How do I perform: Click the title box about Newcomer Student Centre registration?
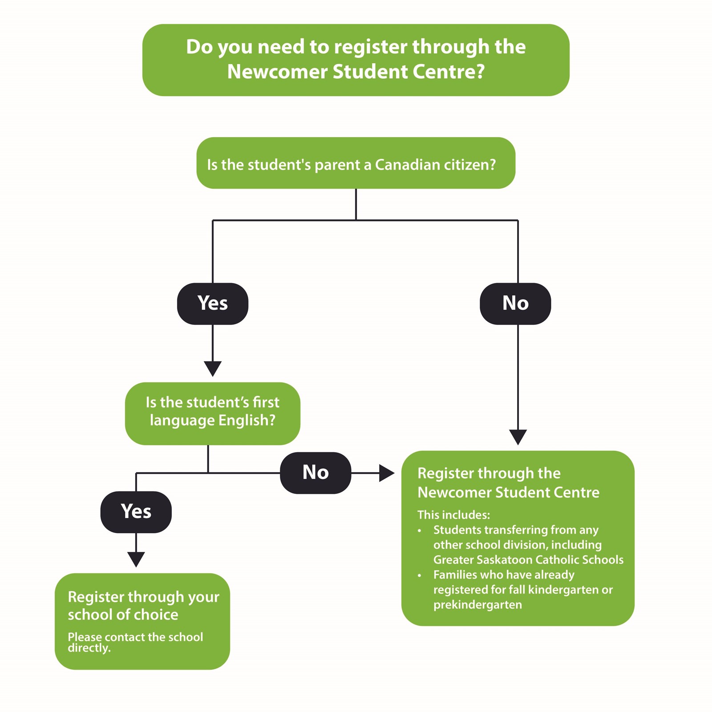coord(356,60)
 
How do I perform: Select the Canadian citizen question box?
coord(356,163)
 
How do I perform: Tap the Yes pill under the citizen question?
coord(213,303)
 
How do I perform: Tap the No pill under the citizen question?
coord(515,303)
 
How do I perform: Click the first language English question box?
coord(213,413)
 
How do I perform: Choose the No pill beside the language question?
coord(316,473)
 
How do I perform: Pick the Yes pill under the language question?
coord(136,512)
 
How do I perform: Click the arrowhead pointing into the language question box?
coord(213,368)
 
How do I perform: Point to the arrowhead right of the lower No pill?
coord(386,473)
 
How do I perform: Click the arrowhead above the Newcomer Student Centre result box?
coord(518,436)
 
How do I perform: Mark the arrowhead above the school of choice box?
coord(136,558)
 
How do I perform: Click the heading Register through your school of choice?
coord(143,605)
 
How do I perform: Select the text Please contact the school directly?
coord(135,642)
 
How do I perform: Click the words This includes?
coord(453,515)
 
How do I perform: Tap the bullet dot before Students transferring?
coord(419,530)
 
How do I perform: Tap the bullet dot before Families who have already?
coord(419,575)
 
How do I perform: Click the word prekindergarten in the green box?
coord(477,605)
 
